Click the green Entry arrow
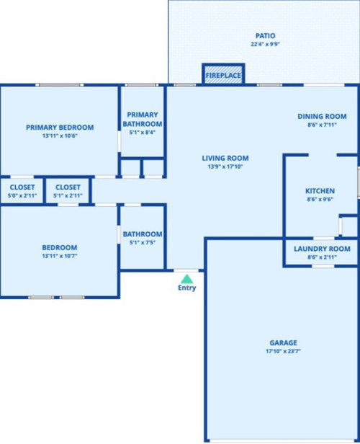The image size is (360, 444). (186, 279)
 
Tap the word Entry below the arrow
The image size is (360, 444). (187, 288)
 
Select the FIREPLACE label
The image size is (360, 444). (223, 75)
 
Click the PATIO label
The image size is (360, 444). (265, 36)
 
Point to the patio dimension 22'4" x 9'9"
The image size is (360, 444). (265, 44)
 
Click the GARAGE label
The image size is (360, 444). (283, 342)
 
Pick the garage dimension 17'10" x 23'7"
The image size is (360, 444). (283, 351)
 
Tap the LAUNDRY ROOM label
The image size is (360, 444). (322, 249)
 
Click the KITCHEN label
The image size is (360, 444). (320, 191)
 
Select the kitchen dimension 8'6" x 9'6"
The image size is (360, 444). (320, 200)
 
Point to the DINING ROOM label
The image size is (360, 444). (322, 116)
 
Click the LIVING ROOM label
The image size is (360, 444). (225, 159)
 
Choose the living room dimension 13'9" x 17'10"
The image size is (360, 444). (225, 166)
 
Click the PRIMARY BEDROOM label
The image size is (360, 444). (60, 128)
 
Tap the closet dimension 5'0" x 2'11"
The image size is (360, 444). (22, 195)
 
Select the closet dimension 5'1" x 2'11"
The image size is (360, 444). (68, 195)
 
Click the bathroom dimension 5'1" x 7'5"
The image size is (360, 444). (143, 242)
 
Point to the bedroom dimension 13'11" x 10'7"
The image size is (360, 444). (60, 256)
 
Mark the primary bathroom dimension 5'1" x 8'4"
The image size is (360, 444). (143, 132)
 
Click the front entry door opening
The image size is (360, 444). (186, 271)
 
